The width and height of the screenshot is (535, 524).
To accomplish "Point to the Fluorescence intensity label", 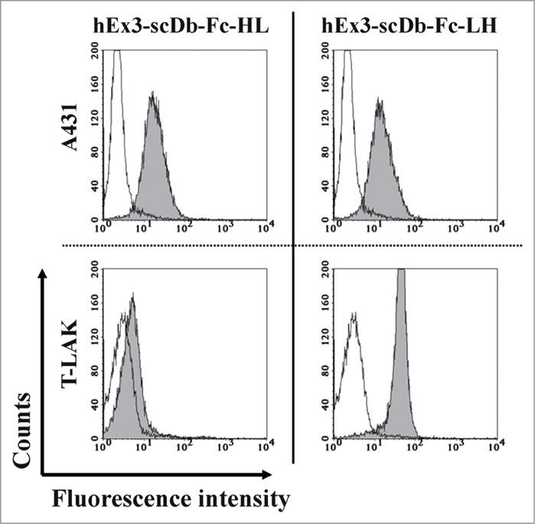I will [170, 500].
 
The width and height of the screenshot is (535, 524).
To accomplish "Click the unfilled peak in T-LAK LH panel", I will [353, 367].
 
